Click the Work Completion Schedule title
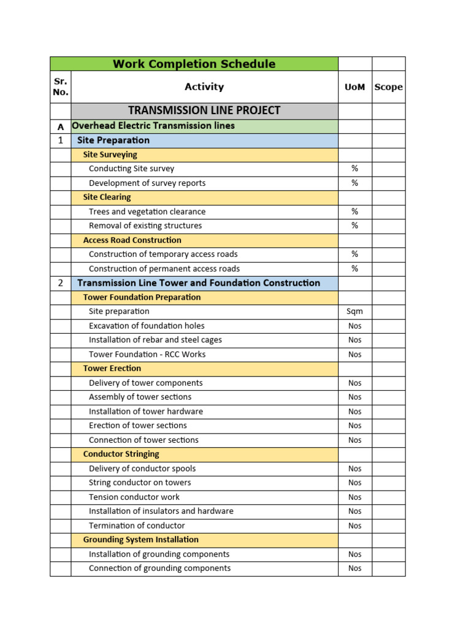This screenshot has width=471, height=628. [194, 64]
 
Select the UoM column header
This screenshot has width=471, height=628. [354, 87]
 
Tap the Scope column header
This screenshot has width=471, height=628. [388, 87]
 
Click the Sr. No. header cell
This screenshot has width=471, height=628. [60, 87]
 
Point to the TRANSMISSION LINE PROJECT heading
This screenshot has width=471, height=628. [204, 110]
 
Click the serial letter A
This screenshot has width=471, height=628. [60, 126]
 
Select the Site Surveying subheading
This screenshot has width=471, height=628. [110, 155]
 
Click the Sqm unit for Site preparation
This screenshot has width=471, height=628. [354, 312]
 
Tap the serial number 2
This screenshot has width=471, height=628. [60, 283]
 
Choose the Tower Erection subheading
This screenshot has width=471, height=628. [112, 369]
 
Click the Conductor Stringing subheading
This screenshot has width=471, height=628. [121, 454]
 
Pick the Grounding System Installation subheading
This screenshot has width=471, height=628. [140, 540]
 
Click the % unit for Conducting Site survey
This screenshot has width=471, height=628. [354, 169]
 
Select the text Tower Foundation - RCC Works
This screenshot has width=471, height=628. [147, 354]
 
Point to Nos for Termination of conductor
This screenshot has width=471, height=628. [354, 526]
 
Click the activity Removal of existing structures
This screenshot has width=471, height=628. [145, 226]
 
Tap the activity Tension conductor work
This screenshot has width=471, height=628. [134, 497]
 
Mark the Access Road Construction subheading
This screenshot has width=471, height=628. [132, 240]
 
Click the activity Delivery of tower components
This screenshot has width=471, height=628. [145, 383]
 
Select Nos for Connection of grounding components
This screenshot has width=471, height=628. [354, 569]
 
